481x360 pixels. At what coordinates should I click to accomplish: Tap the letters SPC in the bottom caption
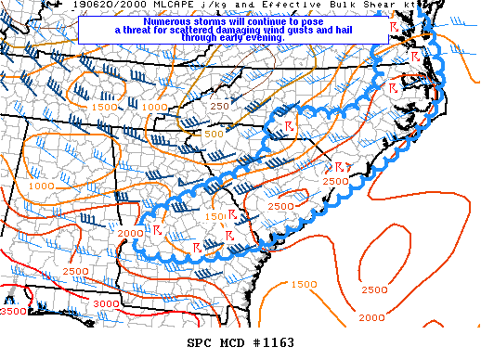(200, 343)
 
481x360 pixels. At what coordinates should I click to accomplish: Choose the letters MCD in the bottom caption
(232, 343)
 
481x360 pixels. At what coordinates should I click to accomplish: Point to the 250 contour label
(219, 107)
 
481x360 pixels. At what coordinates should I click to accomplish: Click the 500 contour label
(214, 134)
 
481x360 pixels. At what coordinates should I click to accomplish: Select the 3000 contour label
(106, 303)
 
